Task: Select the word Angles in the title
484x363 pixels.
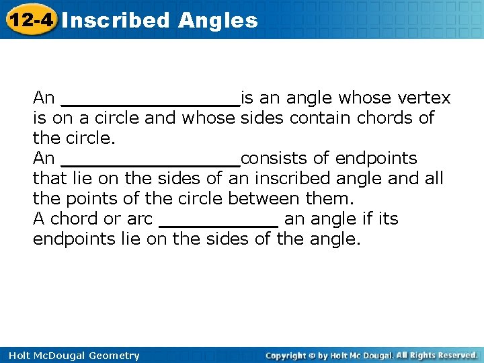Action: [218, 20]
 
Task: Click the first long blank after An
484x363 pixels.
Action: [150, 101]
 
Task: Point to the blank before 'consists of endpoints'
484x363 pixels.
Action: [150, 161]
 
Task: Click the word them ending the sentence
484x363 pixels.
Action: [330, 199]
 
